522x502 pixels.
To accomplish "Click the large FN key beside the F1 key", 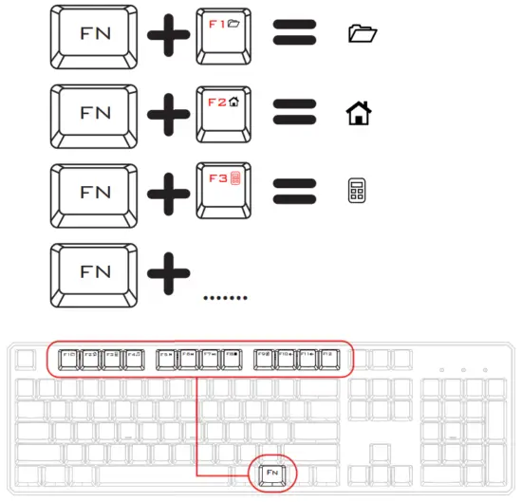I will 96,37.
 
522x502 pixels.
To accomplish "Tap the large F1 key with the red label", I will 226,36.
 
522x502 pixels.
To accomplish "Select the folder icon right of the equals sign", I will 363,36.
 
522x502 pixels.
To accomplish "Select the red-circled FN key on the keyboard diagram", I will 272,472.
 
